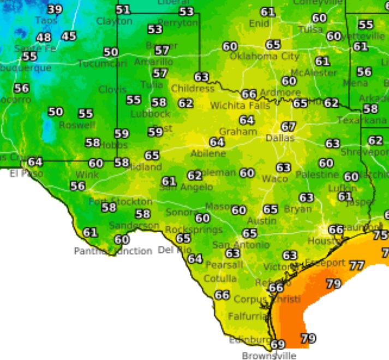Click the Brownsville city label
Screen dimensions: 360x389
tap(270, 356)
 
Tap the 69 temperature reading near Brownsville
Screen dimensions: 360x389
tap(278, 344)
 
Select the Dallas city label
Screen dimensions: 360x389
tap(280, 138)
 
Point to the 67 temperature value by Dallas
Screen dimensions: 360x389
tap(288, 127)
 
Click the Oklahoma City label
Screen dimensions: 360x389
tap(264, 56)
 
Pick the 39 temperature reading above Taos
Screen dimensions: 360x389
tap(55, 9)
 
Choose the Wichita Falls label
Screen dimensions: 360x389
tap(240, 105)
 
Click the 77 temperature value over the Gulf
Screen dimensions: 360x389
tap(357, 265)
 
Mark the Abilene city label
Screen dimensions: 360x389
tap(208, 154)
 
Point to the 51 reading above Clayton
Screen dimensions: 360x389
tap(123, 10)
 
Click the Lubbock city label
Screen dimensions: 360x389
tap(150, 114)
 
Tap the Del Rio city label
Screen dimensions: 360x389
tap(175, 250)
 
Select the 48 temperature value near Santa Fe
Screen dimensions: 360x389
tap(44, 38)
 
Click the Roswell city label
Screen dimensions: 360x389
tap(77, 125)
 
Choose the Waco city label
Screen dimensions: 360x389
tap(275, 179)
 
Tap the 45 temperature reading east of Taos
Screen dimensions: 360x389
tap(69, 36)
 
